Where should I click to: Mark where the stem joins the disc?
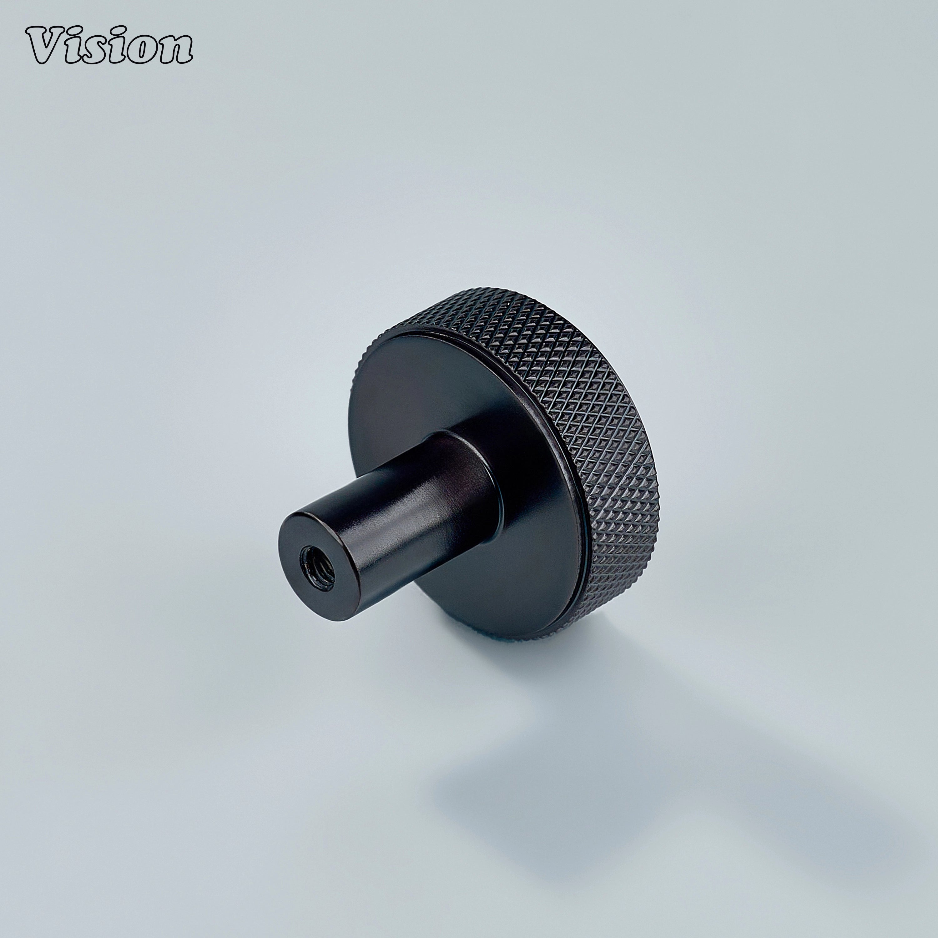coord(490,466)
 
